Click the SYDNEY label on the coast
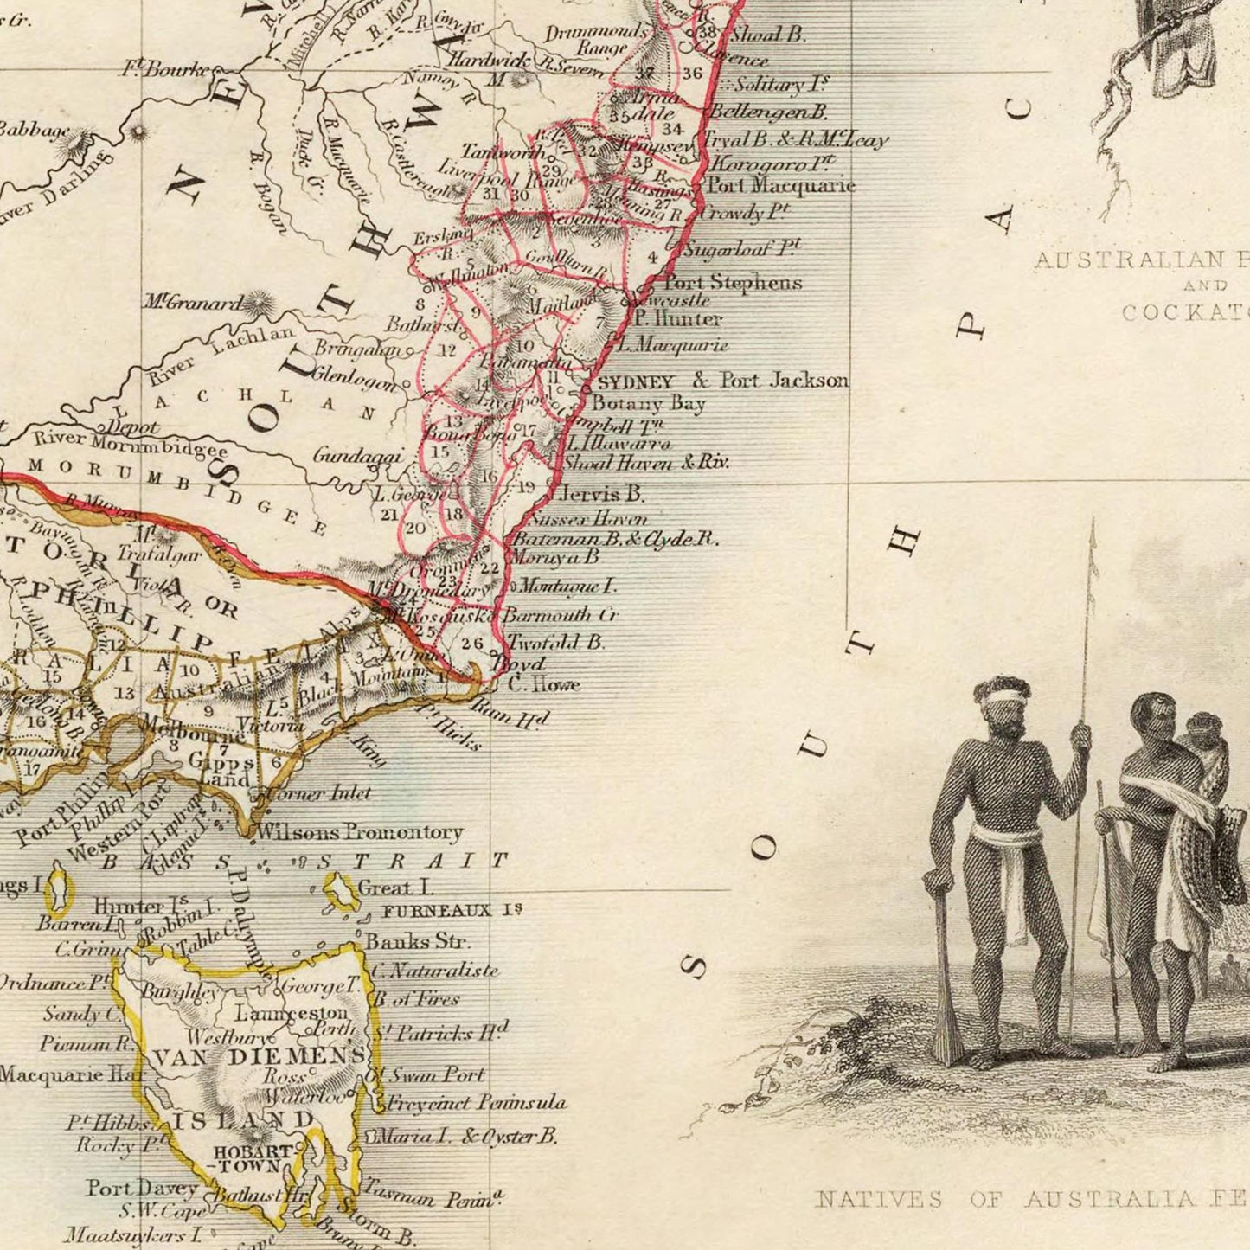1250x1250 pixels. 635,381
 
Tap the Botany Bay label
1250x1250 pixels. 648,403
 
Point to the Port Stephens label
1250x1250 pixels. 732,282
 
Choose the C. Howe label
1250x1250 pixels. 542,684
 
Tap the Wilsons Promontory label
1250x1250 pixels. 360,832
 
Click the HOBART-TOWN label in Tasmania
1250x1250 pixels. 253,1159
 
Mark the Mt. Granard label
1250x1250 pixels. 194,303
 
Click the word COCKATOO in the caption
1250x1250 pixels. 1185,313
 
